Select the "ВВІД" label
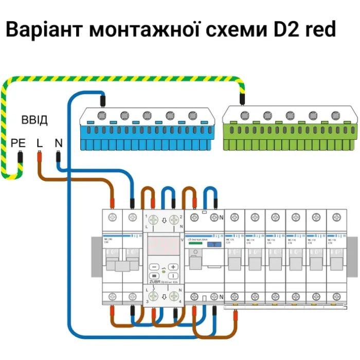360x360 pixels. coord(34,121)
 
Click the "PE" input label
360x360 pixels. coord(19,143)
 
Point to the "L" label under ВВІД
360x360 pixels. coord(39,143)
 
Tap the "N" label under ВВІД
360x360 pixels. coord(58,143)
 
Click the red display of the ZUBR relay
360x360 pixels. coord(164,246)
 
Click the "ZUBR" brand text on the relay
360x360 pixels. coord(154,281)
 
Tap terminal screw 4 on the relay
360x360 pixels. coord(175,297)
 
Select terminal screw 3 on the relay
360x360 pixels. coord(153,297)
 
